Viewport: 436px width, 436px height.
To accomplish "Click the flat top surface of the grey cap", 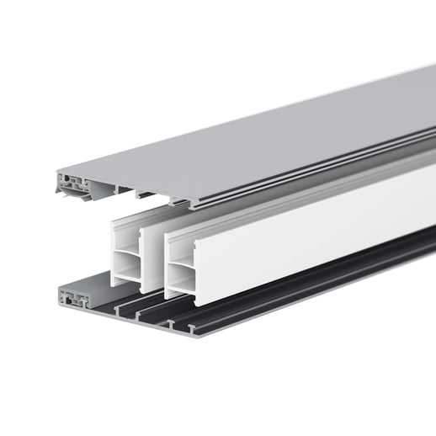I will pyautogui.click(x=278, y=126).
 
